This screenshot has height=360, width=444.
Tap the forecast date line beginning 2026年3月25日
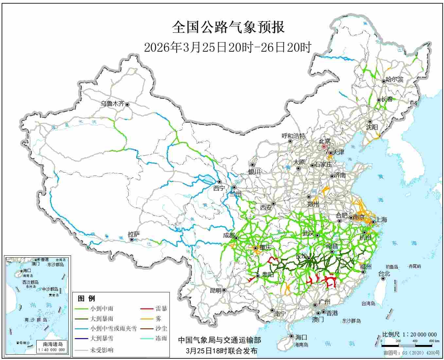(228, 48)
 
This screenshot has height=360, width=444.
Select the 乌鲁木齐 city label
(112, 104)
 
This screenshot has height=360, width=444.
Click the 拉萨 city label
(134, 234)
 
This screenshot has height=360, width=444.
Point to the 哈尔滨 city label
(395, 79)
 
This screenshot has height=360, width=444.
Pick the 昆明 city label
(215, 290)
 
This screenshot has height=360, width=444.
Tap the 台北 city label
(384, 274)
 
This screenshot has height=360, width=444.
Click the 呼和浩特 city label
(293, 136)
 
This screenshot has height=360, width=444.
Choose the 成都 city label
(229, 235)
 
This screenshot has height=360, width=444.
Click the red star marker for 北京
(324, 147)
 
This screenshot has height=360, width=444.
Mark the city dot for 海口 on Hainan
(291, 336)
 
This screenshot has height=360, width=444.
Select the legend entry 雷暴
(161, 308)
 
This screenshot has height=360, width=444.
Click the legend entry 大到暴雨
(102, 318)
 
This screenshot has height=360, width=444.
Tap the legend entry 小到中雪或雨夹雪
(113, 329)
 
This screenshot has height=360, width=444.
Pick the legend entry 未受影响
(102, 350)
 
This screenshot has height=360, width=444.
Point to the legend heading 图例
(86, 299)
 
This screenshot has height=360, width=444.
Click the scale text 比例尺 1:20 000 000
(409, 334)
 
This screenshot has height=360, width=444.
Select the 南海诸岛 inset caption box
(53, 347)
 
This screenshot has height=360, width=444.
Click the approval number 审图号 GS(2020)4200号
(412, 353)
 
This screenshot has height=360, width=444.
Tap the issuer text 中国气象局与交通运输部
(220, 340)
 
